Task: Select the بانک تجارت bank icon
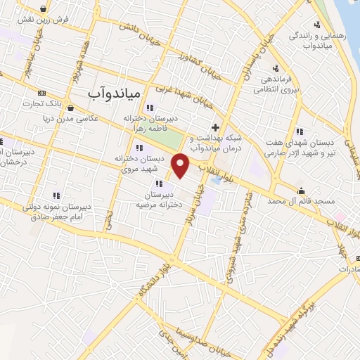point(41,92)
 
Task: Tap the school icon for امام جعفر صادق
point(56,196)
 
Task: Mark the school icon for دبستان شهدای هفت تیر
point(300,131)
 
